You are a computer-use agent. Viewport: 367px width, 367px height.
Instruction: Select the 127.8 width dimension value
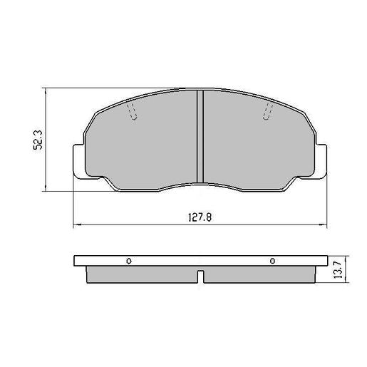click(200, 218)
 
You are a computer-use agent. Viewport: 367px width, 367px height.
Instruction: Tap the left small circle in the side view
click(129, 260)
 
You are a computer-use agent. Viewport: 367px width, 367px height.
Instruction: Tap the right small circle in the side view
click(272, 260)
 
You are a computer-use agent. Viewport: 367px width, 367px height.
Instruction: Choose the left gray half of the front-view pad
click(143, 146)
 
